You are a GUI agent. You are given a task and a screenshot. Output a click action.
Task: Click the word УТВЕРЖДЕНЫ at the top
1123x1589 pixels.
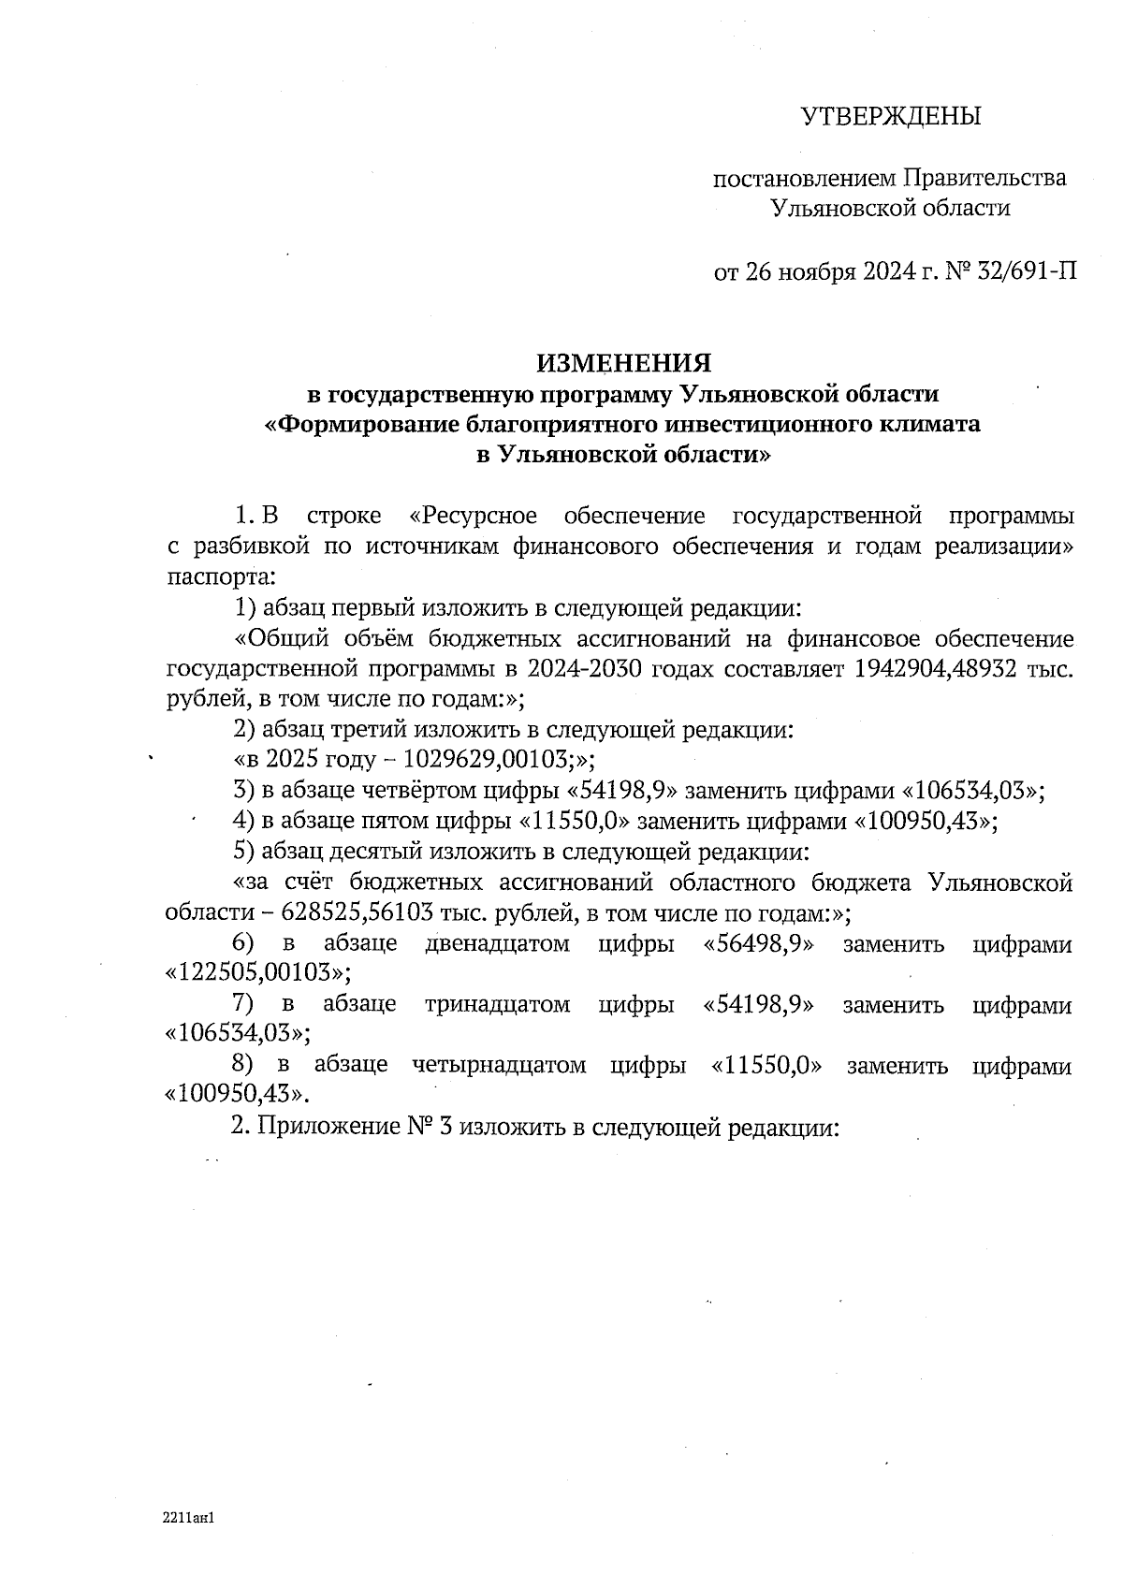[890, 117]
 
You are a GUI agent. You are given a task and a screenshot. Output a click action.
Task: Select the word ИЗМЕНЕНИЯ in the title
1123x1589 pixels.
[623, 362]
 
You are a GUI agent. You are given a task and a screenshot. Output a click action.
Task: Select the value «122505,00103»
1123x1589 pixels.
[252, 971]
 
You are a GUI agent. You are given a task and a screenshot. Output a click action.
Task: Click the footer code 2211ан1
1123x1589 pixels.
[189, 1518]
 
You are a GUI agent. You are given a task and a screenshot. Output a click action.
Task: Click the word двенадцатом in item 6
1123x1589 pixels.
[497, 943]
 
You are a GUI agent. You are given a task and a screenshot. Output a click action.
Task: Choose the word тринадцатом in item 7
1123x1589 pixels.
[497, 1004]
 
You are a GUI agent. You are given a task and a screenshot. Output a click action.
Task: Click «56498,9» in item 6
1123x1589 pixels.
[757, 943]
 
